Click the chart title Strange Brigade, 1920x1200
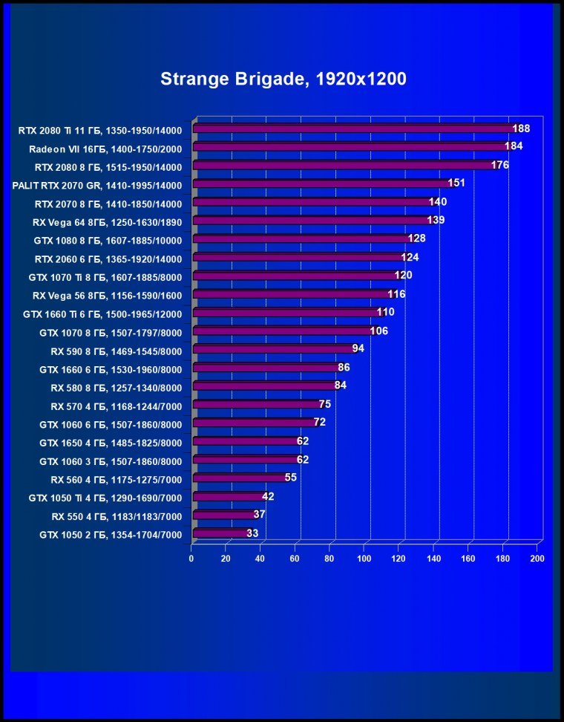pos(283,79)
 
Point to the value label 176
pos(500,165)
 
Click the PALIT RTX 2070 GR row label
pos(97,184)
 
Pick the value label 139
pos(436,221)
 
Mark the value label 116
pos(397,294)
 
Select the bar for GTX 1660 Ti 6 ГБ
pos(286,313)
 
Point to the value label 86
pos(344,367)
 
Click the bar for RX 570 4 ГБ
pos(257,405)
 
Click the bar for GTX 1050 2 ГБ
pos(221,533)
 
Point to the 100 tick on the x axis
pos(364,559)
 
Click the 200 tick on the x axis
pos(537,559)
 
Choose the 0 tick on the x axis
pos(191,559)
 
